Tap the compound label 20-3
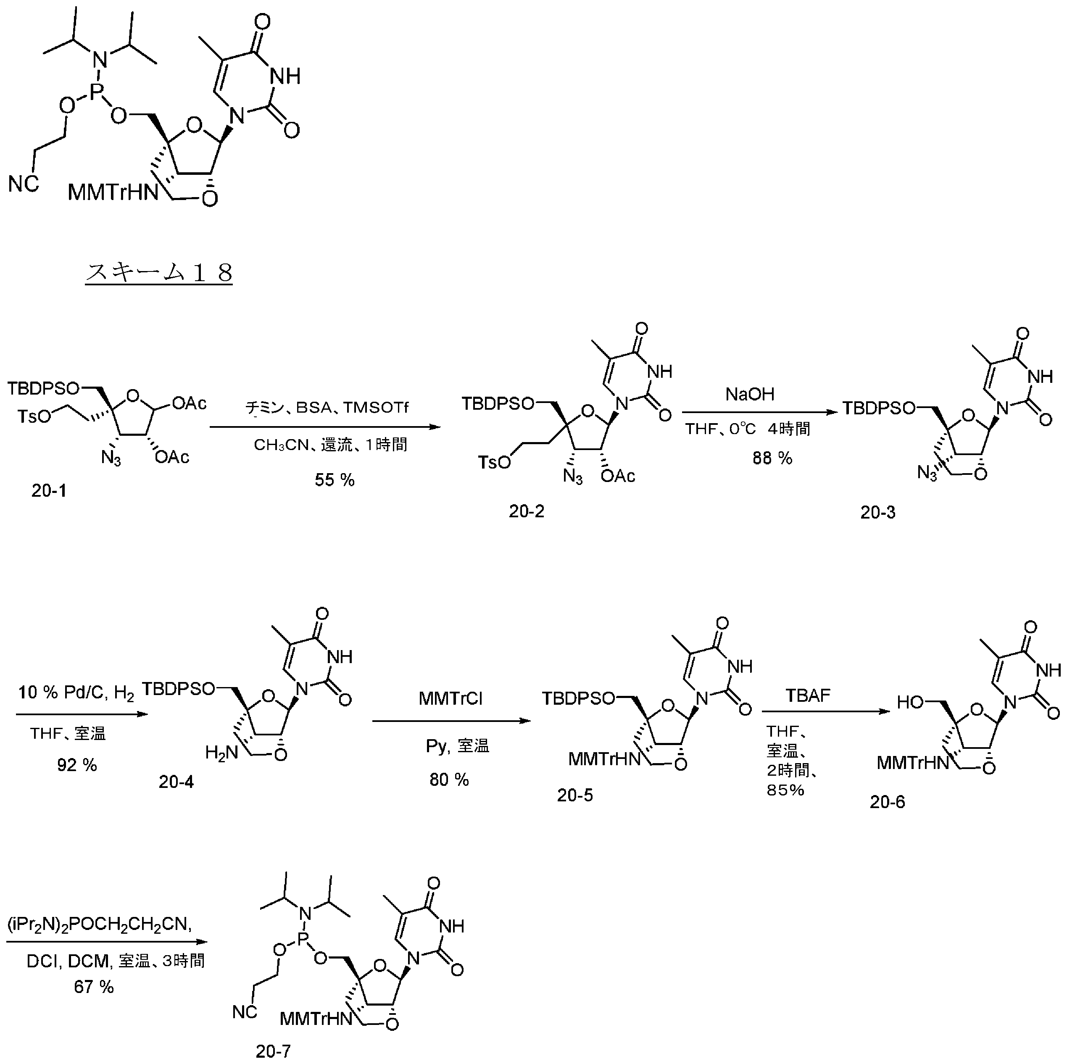pyautogui.click(x=877, y=512)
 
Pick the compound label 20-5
pyautogui.click(x=575, y=795)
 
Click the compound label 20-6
pyautogui.click(x=888, y=802)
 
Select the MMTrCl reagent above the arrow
pyautogui.click(x=451, y=698)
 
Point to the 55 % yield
pyautogui.click(x=335, y=480)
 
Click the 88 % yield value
pyautogui.click(x=772, y=458)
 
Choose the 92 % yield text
pyautogui.click(x=77, y=765)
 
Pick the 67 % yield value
pyautogui.click(x=94, y=987)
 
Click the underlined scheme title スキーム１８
pyautogui.click(x=159, y=273)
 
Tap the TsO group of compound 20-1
pyautogui.click(x=34, y=416)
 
